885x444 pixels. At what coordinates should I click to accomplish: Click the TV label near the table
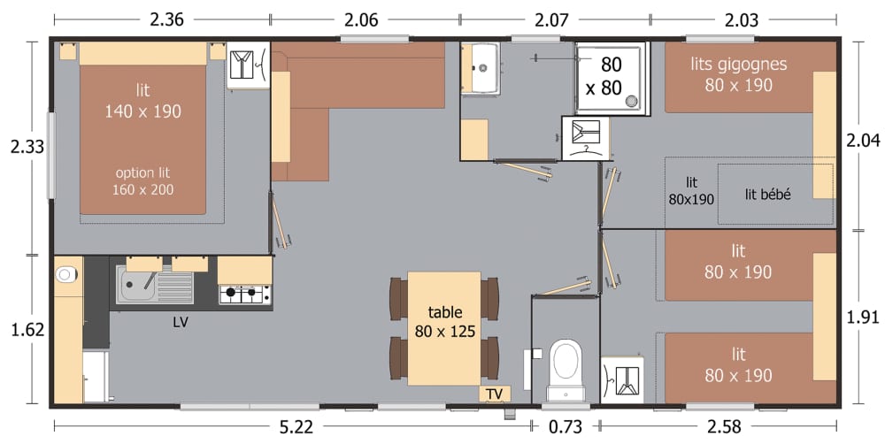(493, 394)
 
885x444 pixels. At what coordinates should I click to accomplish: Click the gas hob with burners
(244, 293)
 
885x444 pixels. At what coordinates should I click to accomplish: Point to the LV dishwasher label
(181, 323)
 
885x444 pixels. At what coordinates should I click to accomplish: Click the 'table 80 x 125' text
(445, 322)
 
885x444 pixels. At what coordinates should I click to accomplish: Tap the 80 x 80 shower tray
(611, 77)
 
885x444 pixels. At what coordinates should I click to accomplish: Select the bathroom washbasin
(483, 66)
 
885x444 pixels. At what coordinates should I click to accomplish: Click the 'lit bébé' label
(767, 195)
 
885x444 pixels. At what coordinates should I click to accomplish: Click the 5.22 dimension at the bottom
(296, 428)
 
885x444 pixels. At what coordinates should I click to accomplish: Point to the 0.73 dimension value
(564, 428)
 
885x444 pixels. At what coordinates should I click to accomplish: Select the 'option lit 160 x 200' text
(142, 180)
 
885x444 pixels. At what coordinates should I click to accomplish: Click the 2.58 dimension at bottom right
(723, 428)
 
